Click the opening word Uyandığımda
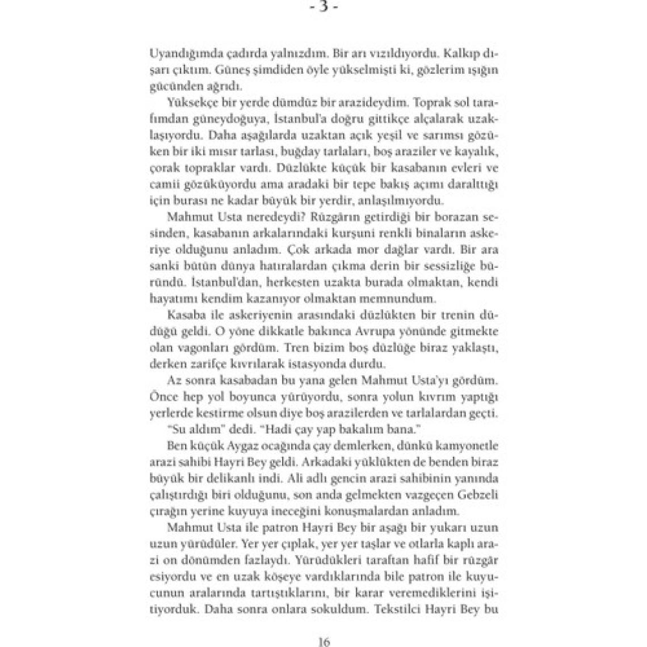[x=182, y=54]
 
